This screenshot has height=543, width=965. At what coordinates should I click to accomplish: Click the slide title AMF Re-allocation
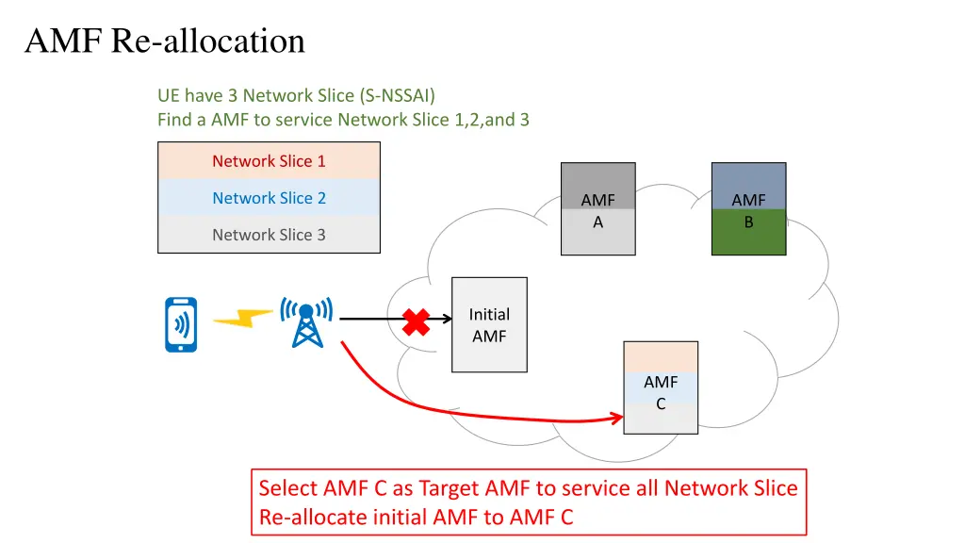(x=165, y=41)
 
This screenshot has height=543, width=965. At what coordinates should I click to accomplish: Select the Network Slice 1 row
(x=269, y=161)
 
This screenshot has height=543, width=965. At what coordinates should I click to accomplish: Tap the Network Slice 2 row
(x=269, y=198)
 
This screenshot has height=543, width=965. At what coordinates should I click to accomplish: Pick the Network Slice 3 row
(x=269, y=235)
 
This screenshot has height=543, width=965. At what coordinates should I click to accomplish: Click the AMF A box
(x=597, y=210)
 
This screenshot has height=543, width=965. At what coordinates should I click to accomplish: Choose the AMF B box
(x=748, y=210)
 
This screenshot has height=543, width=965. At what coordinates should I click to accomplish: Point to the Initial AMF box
(x=489, y=324)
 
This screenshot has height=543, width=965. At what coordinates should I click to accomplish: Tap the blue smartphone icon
(x=181, y=324)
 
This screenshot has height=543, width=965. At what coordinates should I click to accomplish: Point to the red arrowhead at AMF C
(x=617, y=418)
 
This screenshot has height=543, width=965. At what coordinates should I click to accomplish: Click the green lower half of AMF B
(x=748, y=233)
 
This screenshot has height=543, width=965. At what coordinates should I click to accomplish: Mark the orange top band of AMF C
(x=661, y=357)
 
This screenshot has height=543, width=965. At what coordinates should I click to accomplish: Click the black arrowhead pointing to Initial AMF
(x=447, y=319)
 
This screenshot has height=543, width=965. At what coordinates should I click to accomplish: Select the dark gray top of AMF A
(x=597, y=179)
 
